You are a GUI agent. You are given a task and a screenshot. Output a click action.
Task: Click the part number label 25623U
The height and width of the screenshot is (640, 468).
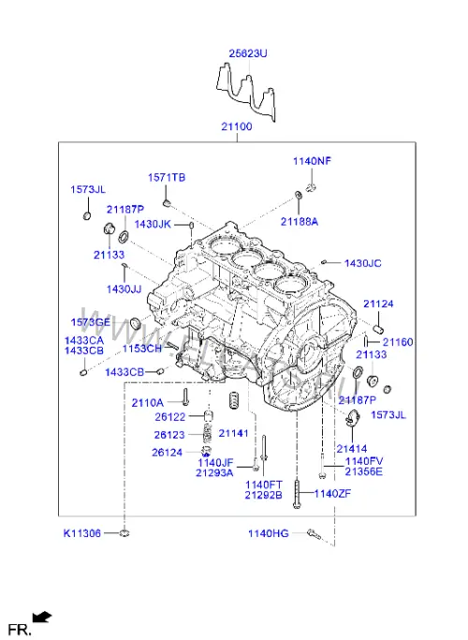coord(248,53)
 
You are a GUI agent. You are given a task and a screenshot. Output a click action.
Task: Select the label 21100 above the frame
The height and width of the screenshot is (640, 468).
coord(237,127)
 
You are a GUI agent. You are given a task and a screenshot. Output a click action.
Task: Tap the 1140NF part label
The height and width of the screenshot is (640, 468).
coord(313,161)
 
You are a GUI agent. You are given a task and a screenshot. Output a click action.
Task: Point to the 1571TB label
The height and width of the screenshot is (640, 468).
coord(167,177)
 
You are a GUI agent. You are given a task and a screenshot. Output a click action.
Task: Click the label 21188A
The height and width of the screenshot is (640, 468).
coord(300,222)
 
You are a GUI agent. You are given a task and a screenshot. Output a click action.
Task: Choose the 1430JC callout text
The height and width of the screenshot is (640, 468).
coord(363,263)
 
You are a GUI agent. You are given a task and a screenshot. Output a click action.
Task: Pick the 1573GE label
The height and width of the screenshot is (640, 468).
coord(91,322)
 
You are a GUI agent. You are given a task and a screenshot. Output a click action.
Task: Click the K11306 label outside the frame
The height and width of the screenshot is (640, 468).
coord(82,533)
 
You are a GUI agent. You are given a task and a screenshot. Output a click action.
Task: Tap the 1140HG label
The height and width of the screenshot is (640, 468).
coord(269,533)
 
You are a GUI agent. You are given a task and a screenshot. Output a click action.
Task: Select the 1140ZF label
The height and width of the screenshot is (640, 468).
coord(332,494)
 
